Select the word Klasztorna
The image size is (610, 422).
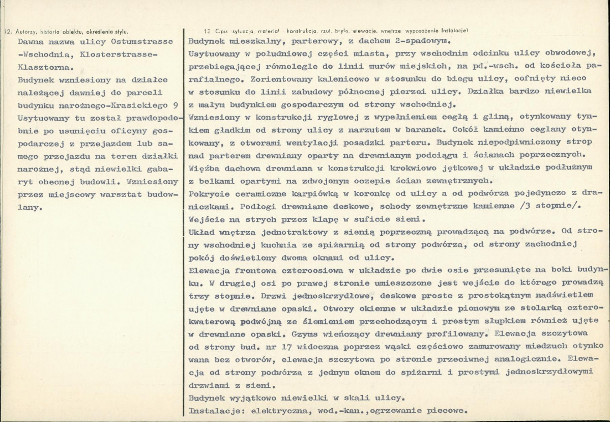[x=44, y=66]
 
